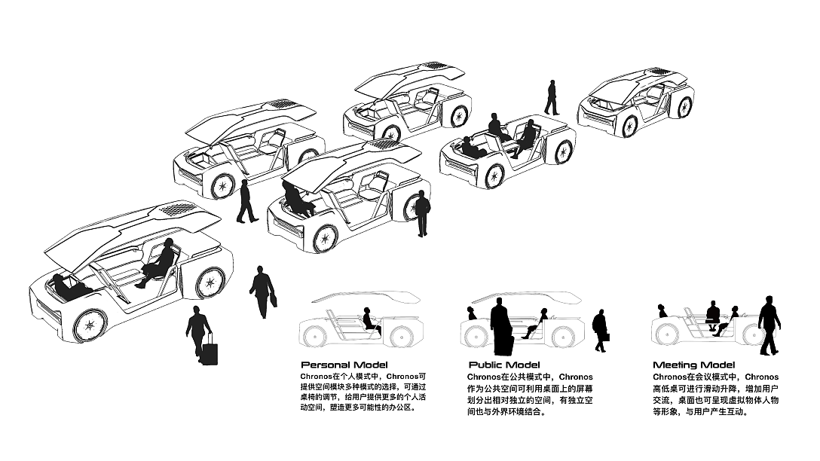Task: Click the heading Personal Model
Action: (344, 365)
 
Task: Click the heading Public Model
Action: (504, 365)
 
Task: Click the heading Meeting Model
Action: (694, 365)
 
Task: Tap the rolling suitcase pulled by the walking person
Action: (210, 352)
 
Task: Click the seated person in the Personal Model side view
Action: (369, 320)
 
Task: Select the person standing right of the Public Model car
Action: (600, 330)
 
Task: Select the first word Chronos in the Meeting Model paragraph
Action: (669, 377)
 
